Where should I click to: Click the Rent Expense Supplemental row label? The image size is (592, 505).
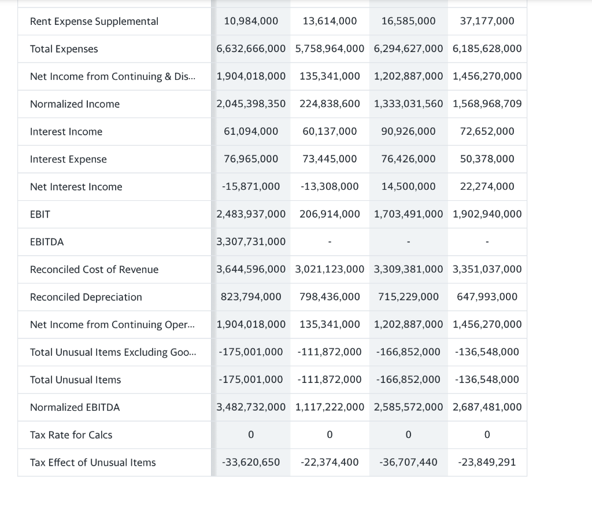(94, 21)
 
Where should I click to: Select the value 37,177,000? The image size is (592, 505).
(487, 21)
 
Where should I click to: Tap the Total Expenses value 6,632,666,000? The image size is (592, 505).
(251, 49)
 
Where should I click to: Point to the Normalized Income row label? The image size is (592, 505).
(75, 104)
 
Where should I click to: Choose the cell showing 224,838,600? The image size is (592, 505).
(330, 104)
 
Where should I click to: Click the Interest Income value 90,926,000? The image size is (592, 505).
(408, 131)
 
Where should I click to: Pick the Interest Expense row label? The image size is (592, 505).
(68, 159)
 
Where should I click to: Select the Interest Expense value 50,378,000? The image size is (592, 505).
(487, 159)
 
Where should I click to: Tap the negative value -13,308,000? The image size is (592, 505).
(330, 186)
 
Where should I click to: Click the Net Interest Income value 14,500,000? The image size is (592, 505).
(408, 186)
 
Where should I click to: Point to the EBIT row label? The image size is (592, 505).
(40, 215)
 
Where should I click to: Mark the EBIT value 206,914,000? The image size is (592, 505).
(330, 214)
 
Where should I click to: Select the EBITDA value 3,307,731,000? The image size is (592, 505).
(251, 242)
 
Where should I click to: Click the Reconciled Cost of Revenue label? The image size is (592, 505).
(94, 270)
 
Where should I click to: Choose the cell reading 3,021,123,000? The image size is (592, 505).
(330, 269)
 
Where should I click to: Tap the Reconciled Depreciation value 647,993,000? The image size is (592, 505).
(487, 297)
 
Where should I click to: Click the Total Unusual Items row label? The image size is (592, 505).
(75, 380)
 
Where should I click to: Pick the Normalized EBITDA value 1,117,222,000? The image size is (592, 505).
(330, 407)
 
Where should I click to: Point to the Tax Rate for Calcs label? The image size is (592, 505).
(71, 435)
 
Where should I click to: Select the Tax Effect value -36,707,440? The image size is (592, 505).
(408, 462)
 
